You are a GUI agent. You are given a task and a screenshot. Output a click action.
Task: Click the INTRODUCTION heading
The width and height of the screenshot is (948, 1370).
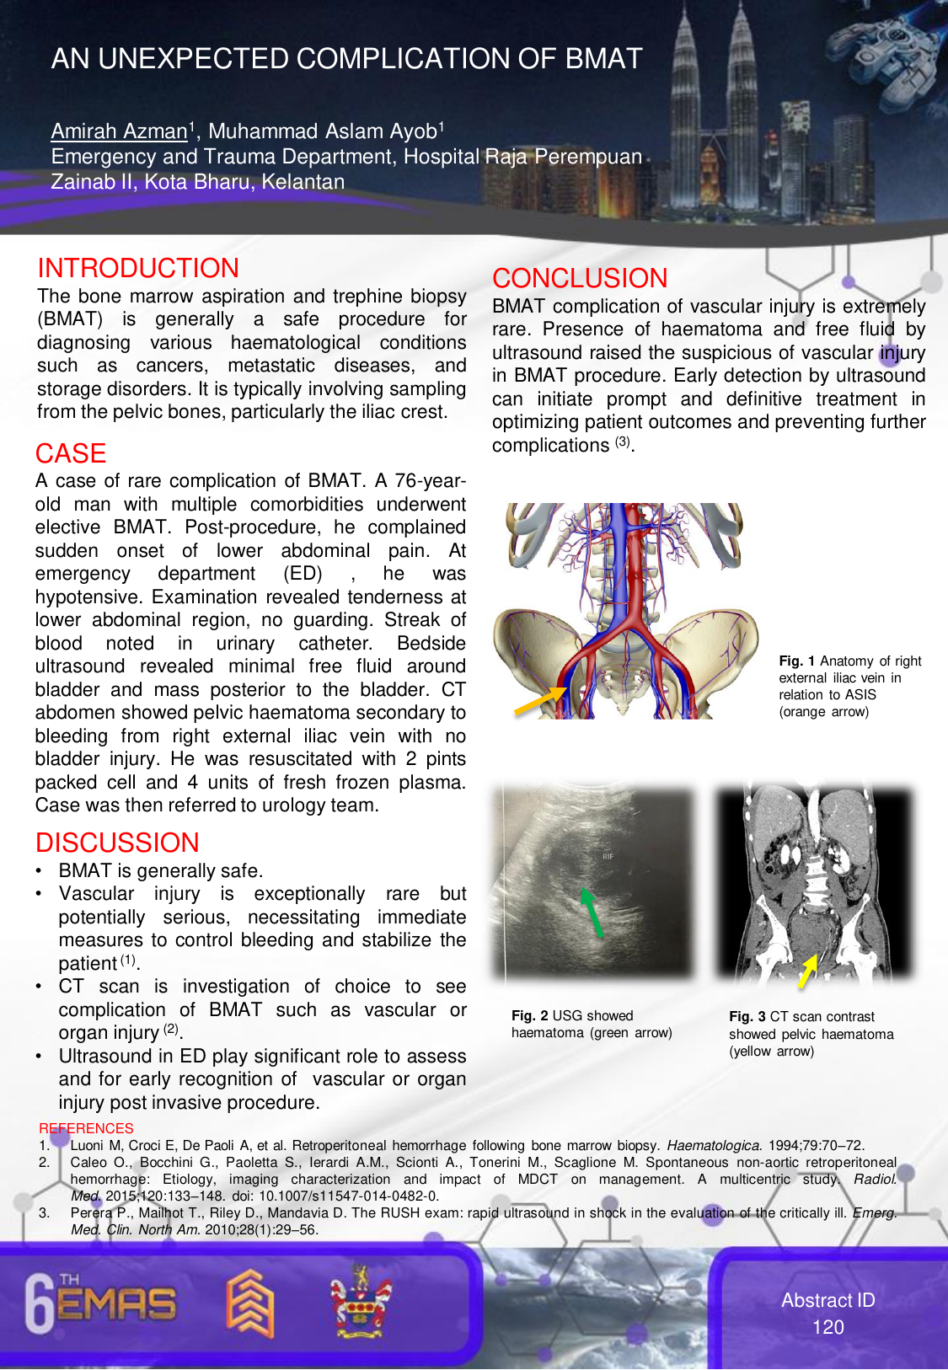click(x=138, y=268)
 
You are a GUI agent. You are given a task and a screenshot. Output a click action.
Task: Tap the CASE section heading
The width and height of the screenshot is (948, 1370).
click(x=71, y=453)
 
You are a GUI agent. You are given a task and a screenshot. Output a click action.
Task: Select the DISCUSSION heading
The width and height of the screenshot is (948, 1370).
click(x=117, y=843)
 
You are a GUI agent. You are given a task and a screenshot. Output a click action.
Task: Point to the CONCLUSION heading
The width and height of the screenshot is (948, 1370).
click(x=580, y=278)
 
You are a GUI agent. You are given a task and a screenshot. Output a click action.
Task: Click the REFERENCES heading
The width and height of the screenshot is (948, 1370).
click(x=86, y=1128)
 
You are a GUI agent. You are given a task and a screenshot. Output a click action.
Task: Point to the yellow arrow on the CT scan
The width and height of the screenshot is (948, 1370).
click(x=808, y=971)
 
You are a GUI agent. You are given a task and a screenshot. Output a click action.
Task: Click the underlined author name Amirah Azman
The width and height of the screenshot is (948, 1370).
click(x=119, y=131)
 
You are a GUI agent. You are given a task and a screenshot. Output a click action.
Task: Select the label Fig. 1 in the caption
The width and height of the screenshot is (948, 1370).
click(x=796, y=661)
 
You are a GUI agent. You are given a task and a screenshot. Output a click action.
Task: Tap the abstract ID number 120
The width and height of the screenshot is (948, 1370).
click(x=827, y=1327)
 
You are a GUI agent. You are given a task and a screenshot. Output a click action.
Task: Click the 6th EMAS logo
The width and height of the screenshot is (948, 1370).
click(x=101, y=1303)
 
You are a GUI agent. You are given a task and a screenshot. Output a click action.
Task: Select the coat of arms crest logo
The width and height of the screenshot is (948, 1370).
click(x=361, y=1302)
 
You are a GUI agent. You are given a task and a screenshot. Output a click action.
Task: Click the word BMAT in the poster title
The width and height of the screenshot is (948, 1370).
click(x=603, y=59)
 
